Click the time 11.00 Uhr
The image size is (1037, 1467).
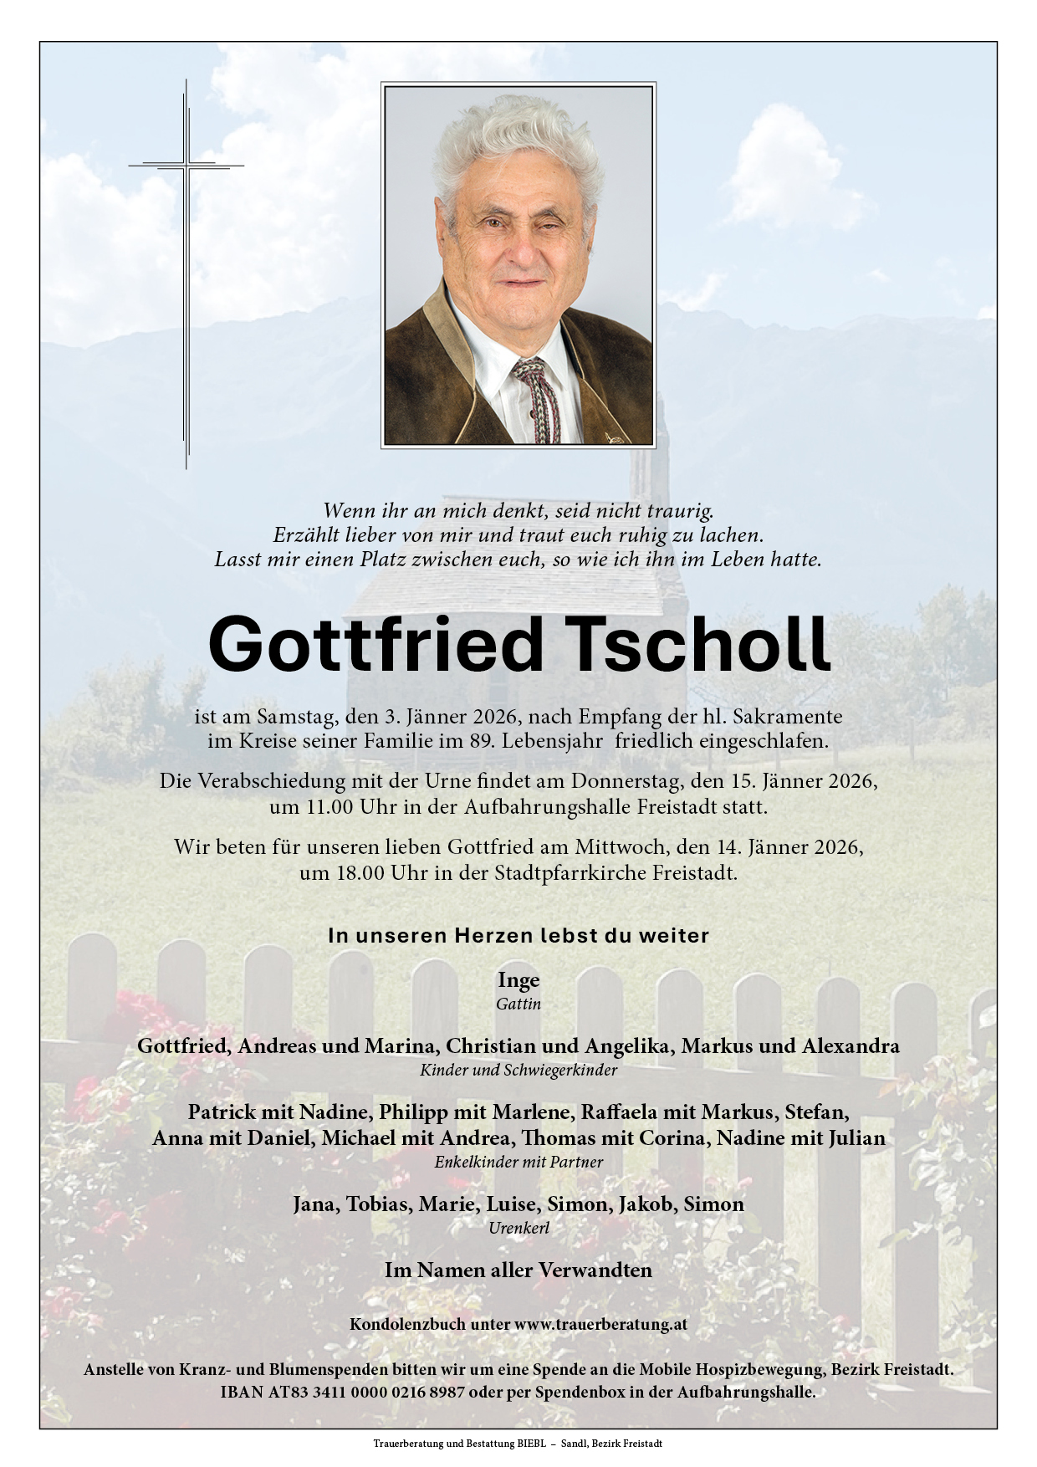319,808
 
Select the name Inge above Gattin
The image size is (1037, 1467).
518,979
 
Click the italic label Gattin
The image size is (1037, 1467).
518,1004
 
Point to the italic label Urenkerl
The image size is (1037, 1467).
518,1228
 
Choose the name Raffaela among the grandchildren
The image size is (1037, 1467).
621,1112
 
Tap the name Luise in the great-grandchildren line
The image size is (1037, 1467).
515,1204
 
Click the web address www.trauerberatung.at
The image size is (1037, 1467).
600,1324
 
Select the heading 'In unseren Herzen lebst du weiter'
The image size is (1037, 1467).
518,936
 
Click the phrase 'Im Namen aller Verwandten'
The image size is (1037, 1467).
518,1270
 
